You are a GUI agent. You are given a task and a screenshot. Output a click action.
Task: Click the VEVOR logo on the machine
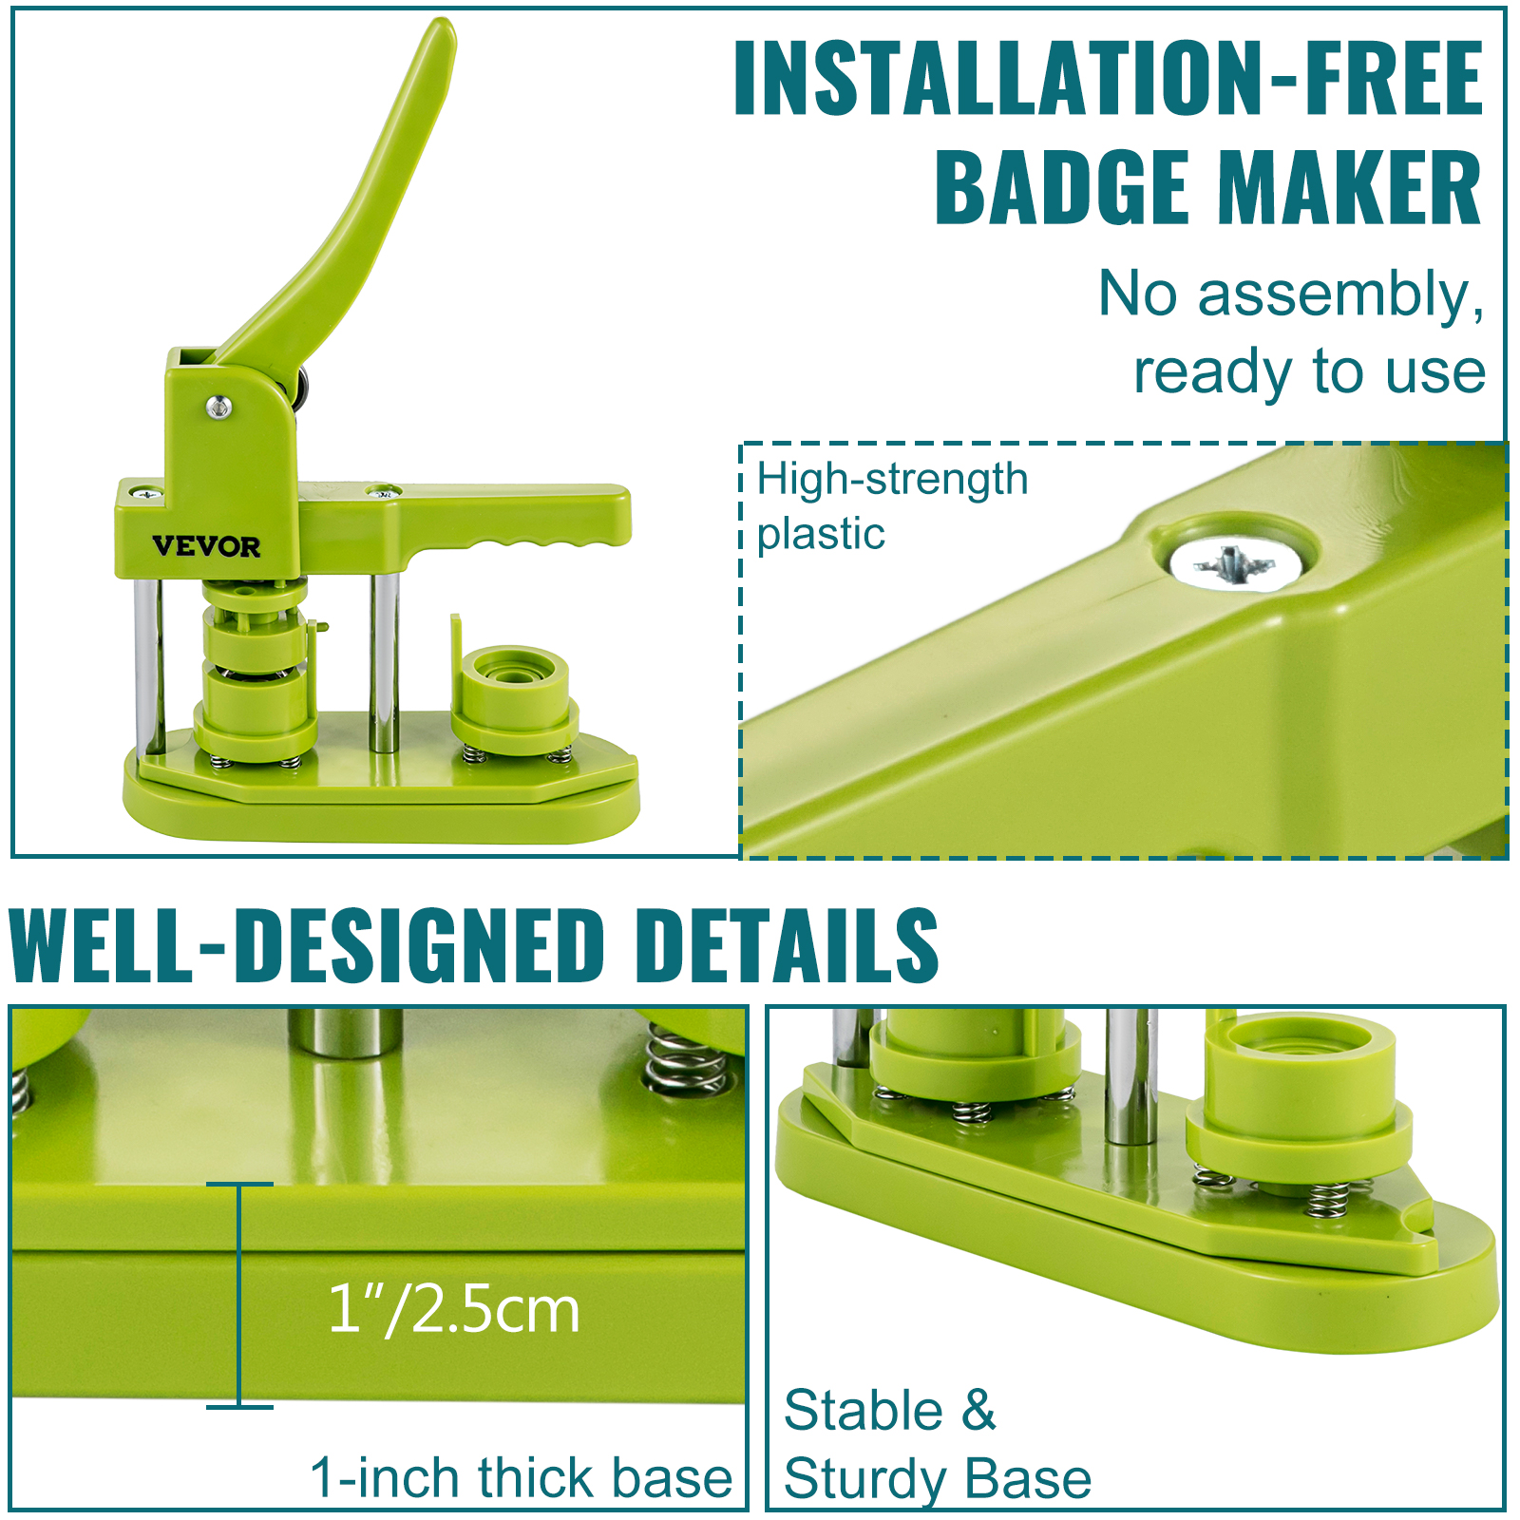click(x=206, y=546)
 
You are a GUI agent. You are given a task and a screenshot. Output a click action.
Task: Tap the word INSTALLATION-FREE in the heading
click(x=1109, y=78)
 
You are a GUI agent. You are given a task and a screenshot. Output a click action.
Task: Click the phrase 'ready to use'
click(x=1309, y=371)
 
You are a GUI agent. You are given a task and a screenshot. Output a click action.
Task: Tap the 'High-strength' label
click(x=892, y=480)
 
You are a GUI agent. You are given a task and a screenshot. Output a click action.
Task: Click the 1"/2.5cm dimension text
click(x=454, y=1309)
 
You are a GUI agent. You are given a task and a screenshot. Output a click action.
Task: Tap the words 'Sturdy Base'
click(x=938, y=1479)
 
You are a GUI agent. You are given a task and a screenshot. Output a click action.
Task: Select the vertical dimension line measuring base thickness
click(x=239, y=1296)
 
